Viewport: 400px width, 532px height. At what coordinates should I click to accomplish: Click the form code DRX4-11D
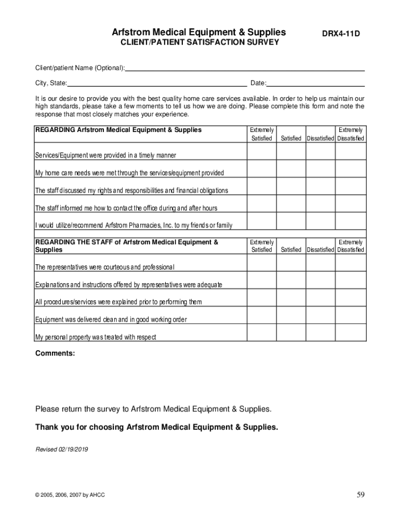341,34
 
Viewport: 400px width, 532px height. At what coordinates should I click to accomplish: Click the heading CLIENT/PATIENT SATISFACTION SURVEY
199,42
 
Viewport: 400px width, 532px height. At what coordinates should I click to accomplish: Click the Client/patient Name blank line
245,68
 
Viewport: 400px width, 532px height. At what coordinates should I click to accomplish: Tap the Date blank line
315,83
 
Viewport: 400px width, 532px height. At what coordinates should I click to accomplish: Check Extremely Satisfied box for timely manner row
261,151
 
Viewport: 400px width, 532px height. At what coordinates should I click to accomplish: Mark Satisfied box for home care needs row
291,169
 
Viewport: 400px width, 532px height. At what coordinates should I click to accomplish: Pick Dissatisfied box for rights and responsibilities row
321,186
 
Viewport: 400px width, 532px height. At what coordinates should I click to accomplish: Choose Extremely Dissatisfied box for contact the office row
351,204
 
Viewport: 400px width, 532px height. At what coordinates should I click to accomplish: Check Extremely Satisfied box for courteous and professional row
261,263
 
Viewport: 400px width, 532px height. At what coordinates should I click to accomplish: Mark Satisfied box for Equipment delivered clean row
291,315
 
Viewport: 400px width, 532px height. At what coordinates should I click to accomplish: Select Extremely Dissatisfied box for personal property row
351,333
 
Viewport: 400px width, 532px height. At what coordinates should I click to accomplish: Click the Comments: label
55,353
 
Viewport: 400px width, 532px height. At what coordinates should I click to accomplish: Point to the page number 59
361,495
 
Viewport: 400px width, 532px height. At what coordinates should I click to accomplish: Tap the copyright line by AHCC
70,495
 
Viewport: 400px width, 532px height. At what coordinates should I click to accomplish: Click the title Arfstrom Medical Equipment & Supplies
199,32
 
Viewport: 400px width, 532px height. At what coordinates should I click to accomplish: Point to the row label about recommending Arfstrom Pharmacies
134,225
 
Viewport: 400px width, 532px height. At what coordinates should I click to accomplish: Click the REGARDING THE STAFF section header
126,246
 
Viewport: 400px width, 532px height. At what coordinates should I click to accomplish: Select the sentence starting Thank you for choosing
156,427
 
